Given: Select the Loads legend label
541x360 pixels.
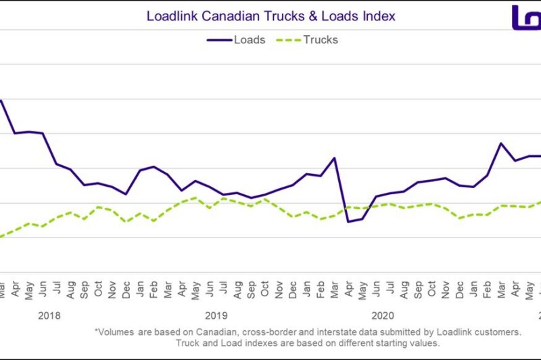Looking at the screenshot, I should [x=249, y=39].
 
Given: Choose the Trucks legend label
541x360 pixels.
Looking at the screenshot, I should [x=320, y=39].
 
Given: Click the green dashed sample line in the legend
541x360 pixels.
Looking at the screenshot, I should [x=285, y=39].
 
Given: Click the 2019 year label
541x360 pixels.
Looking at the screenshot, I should [x=216, y=315].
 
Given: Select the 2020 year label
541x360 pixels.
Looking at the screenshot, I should [x=382, y=315].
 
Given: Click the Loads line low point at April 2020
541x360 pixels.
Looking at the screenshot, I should [x=348, y=221].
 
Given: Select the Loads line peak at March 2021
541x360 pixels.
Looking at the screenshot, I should [x=500, y=143].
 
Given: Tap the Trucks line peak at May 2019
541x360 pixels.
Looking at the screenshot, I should [x=195, y=198].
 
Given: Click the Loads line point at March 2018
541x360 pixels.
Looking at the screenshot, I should [x=2, y=101].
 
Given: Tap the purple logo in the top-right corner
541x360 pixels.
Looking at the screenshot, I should [x=525, y=17].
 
